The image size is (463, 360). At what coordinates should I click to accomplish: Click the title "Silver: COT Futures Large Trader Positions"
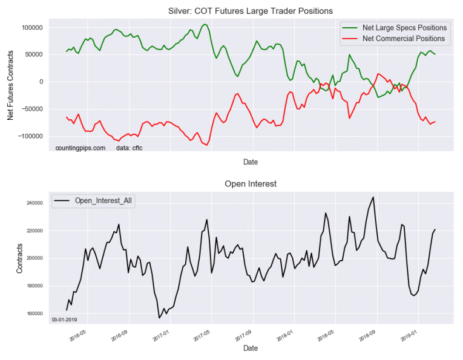pos(250,10)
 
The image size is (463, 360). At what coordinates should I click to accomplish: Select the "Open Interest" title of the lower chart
pos(250,183)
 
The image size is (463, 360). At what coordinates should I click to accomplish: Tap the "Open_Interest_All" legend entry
pos(103,200)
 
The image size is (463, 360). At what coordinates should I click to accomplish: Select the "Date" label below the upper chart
pos(250,163)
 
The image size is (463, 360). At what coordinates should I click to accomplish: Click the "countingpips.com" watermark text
pos(80,148)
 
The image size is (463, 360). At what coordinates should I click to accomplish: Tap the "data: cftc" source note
pos(128,148)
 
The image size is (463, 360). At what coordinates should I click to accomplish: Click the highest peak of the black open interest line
pos(373,197)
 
